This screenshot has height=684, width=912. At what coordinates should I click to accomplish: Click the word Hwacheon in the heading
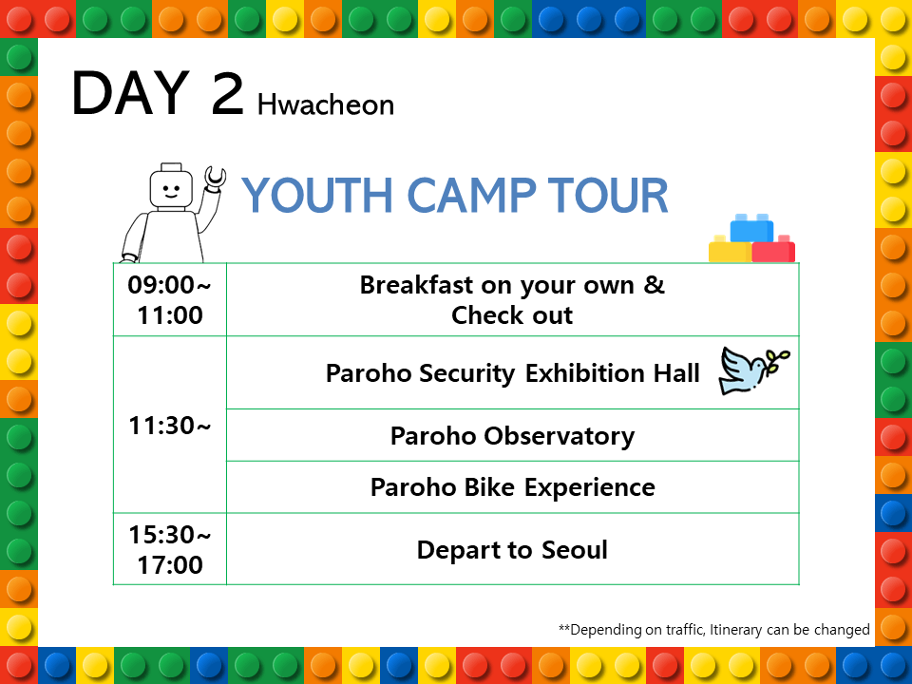[326, 104]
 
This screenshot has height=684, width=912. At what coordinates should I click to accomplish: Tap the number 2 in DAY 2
[227, 92]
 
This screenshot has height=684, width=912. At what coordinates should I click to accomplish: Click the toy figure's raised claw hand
[215, 178]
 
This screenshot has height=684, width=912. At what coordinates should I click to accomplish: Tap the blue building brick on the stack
[751, 228]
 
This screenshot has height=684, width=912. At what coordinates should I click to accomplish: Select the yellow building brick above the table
[730, 250]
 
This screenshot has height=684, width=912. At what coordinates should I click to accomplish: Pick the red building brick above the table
[773, 250]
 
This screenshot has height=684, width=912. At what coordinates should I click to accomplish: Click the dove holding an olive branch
[752, 371]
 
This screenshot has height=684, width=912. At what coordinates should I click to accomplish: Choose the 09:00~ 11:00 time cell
[170, 299]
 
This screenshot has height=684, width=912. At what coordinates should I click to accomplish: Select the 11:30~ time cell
[170, 425]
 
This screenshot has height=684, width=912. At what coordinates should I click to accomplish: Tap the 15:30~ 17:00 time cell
[170, 549]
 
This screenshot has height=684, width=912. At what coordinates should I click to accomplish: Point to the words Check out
[512, 315]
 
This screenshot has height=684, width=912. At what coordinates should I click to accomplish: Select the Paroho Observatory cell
[512, 435]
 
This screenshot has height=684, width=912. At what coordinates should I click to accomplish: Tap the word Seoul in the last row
[575, 550]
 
